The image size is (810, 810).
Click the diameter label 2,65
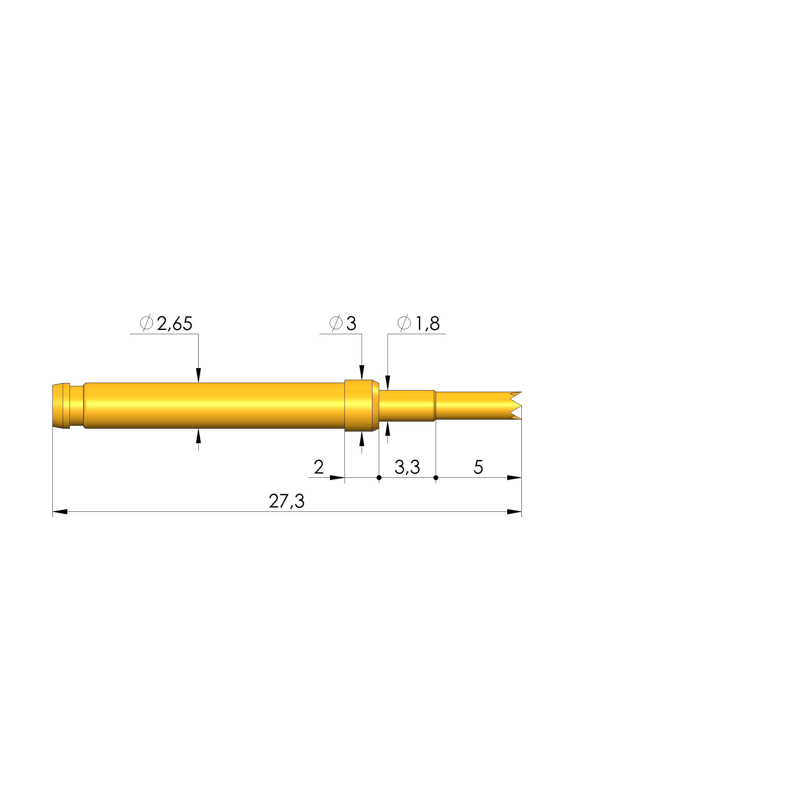pyautogui.click(x=174, y=324)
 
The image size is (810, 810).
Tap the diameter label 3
pyautogui.click(x=351, y=324)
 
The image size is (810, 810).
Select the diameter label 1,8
pyautogui.click(x=427, y=324)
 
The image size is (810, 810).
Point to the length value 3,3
pyautogui.click(x=407, y=467)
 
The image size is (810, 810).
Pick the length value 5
pyautogui.click(x=478, y=467)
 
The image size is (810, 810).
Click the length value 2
pyautogui.click(x=319, y=467)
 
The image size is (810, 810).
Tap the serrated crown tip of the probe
pyautogui.click(x=516, y=405)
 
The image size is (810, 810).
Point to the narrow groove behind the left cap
pyautogui.click(x=76, y=405)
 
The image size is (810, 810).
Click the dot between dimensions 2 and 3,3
pyautogui.click(x=379, y=477)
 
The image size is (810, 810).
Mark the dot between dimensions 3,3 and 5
pyautogui.click(x=436, y=477)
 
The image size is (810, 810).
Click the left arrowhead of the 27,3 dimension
pyautogui.click(x=60, y=511)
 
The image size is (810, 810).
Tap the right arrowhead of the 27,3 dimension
pyautogui.click(x=514, y=511)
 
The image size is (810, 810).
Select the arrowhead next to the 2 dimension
pyautogui.click(x=337, y=477)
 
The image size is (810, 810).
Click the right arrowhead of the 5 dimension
pyautogui.click(x=514, y=477)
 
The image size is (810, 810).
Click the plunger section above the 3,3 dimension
pyautogui.click(x=406, y=405)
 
